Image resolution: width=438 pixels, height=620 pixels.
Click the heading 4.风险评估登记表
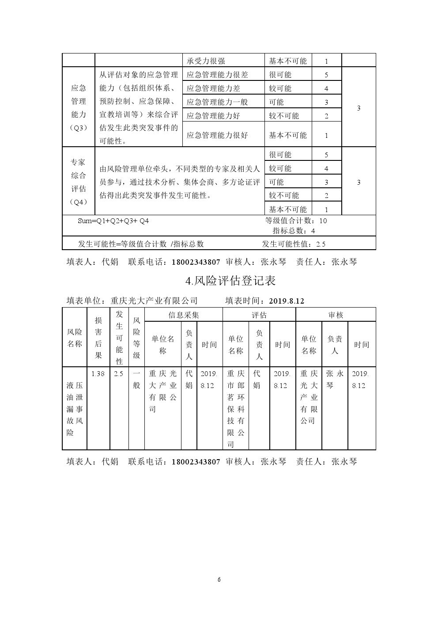231,281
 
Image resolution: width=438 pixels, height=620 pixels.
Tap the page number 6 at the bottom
219,580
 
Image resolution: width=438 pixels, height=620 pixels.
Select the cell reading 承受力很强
206,61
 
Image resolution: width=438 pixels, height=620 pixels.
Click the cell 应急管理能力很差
217,75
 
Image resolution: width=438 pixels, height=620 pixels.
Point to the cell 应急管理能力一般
217,102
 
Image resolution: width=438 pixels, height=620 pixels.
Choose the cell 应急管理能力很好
217,135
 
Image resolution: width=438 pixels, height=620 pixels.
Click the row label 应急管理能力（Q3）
79,108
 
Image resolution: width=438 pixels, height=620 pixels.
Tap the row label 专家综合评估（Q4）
79,182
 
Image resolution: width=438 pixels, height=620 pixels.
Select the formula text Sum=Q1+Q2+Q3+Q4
113,221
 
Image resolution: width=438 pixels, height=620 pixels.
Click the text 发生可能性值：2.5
294,244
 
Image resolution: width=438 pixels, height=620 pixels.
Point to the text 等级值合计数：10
296,221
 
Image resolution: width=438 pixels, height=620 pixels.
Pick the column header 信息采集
184,315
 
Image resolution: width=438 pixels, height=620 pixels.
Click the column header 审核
336,315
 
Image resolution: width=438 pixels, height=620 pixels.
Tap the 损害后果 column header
98,338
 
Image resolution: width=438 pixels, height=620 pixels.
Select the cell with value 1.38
98,374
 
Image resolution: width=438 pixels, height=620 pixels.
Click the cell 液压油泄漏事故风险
75,409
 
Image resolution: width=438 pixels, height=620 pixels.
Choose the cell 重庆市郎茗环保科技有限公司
236,409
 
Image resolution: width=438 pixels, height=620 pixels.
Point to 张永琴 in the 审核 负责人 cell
335,379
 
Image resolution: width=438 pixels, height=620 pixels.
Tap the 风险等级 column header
136,338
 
